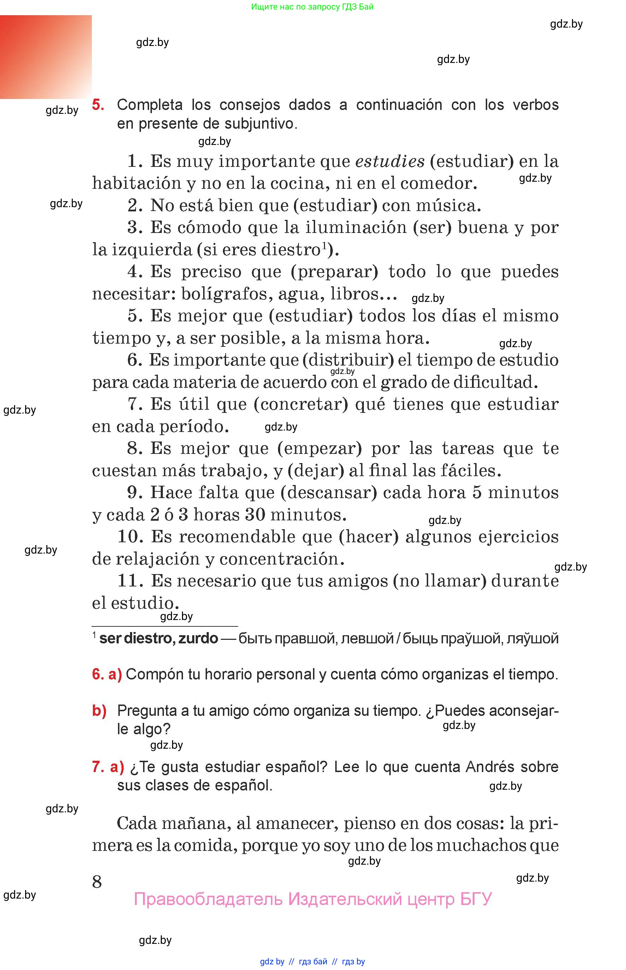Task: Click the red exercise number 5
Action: pos(98,105)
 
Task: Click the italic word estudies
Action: pos(390,162)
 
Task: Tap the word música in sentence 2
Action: pos(448,205)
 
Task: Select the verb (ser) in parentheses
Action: pos(432,228)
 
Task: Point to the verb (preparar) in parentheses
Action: pos(335,272)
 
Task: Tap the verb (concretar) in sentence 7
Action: pos(301,405)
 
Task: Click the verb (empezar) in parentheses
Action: pos(319,449)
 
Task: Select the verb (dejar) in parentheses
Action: pos(316,471)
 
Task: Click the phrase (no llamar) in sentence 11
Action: pos(440,581)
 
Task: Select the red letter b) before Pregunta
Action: pos(99,711)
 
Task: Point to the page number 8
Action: pos(97,882)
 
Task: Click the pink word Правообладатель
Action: pos(208,899)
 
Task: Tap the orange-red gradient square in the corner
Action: pos(46,57)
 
